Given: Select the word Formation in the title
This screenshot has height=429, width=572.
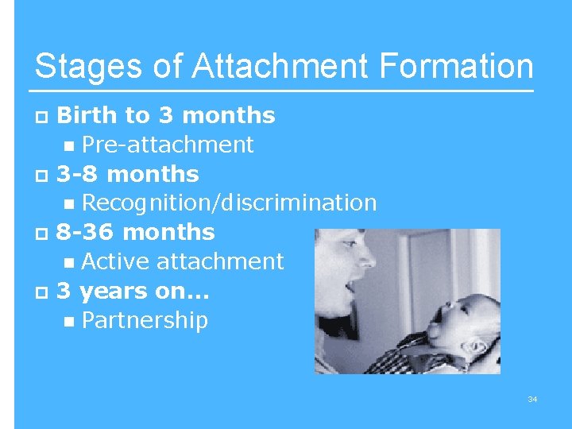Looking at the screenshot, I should (456, 67).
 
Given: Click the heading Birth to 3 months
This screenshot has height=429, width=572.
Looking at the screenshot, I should (165, 116).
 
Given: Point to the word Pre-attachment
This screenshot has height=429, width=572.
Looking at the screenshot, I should (167, 145).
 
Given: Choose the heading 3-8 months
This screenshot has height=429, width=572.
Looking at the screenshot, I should (127, 174).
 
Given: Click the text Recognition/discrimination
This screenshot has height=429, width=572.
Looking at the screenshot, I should (229, 203).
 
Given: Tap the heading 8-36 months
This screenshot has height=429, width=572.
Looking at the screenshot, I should (135, 233).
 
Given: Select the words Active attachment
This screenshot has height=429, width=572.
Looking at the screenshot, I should (182, 261).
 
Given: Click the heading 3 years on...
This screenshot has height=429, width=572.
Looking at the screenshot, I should (132, 291).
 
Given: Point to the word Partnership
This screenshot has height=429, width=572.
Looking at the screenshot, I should (145, 320).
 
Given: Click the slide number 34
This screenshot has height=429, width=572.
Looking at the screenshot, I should (532, 399).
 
